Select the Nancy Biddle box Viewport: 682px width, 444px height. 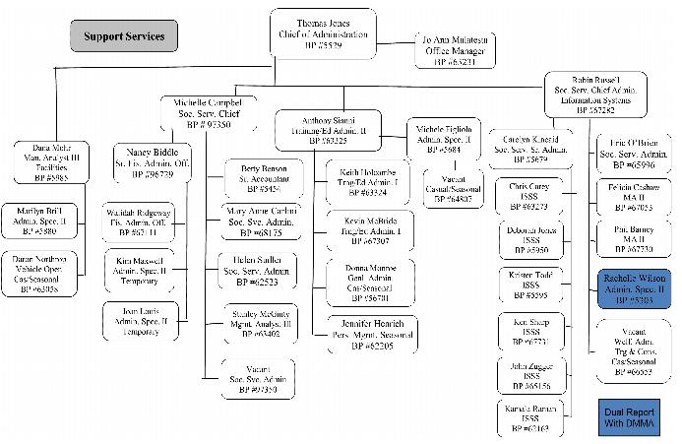pyautogui.click(x=150, y=163)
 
